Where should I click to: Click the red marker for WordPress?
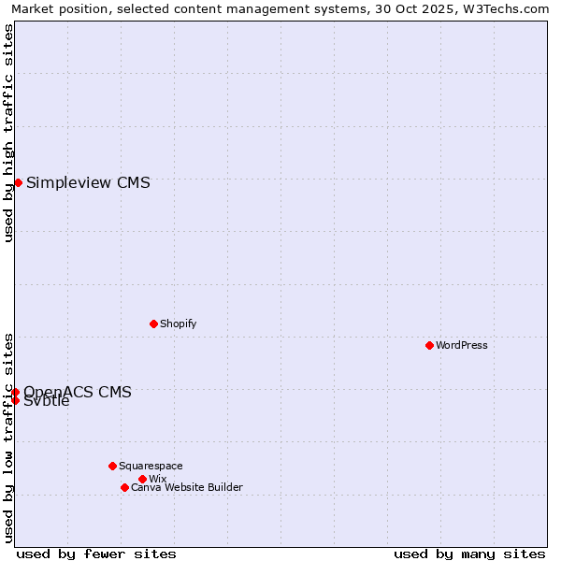point(429,345)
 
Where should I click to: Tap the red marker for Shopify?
point(153,324)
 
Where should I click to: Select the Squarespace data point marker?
point(112,466)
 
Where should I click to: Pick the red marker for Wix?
point(142,479)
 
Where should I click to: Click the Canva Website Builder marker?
point(124,487)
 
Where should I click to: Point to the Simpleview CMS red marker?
point(18,182)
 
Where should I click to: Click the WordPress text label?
point(462,345)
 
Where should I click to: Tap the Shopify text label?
point(178,324)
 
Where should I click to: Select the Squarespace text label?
point(151,466)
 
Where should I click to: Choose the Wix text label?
point(157,479)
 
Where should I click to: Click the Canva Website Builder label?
point(187,487)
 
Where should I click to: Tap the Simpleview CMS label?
point(88,182)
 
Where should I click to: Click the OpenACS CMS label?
point(78,392)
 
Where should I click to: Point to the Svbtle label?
point(47,402)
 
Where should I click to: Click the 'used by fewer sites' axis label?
point(96,554)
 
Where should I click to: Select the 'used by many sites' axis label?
point(469,554)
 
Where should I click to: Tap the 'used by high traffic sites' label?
point(8,133)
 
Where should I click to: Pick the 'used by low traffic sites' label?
point(8,437)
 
